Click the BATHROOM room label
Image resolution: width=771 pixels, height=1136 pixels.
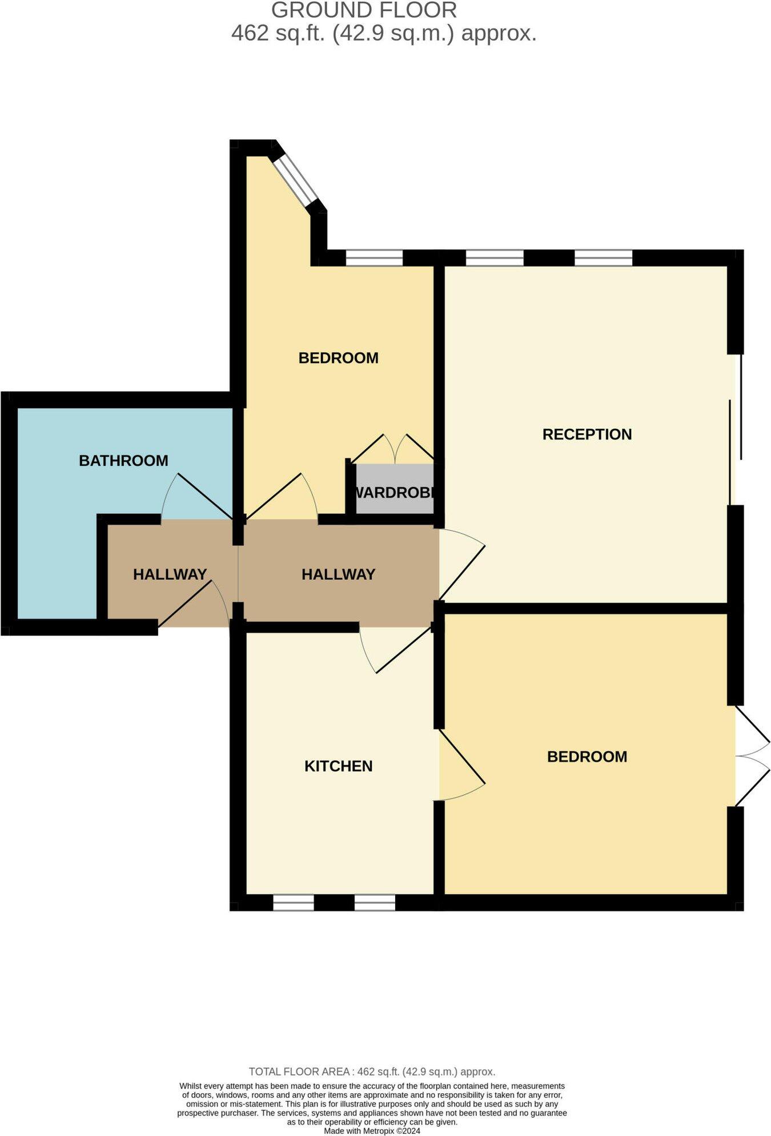[x=123, y=461]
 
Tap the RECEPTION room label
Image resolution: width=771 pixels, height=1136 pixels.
[x=587, y=434]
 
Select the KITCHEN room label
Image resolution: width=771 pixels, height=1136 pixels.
[x=338, y=766]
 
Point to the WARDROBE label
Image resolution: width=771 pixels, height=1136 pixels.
[x=395, y=492]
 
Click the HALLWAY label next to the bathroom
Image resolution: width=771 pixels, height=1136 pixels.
[x=170, y=574]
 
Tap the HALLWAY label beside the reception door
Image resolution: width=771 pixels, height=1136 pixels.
[x=338, y=574]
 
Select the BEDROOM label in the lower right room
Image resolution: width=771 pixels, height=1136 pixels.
[x=587, y=757]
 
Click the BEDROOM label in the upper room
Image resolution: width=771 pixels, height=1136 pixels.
[x=338, y=358]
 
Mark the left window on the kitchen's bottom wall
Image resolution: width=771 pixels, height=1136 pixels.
[x=293, y=903]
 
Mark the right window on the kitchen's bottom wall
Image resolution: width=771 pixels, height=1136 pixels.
[x=375, y=903]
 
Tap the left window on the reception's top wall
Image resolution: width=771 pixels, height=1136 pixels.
[x=495, y=258]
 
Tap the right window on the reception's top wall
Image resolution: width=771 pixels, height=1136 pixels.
[x=603, y=258]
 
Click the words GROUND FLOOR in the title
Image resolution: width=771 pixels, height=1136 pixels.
[x=364, y=11]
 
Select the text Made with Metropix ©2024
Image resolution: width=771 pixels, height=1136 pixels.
[x=372, y=1130]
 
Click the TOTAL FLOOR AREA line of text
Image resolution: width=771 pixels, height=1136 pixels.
[x=372, y=1071]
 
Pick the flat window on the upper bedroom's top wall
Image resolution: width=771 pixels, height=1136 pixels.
[x=374, y=258]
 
